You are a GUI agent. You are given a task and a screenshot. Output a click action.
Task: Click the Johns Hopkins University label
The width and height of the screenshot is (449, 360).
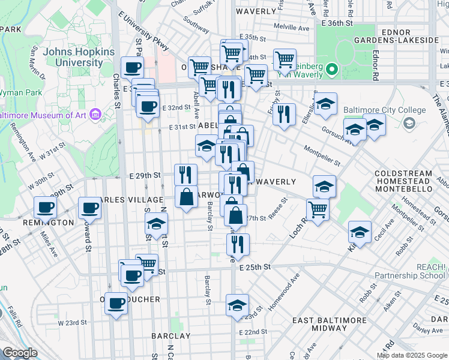(70, 57)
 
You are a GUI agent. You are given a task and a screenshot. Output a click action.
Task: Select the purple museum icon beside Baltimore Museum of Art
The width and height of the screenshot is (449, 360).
(94, 114)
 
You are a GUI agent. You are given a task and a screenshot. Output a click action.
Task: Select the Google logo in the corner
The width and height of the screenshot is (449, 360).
(20, 352)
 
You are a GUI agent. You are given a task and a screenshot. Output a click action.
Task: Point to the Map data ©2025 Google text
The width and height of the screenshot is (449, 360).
(411, 355)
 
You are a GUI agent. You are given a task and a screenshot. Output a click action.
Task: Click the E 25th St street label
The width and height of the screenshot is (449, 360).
(255, 266)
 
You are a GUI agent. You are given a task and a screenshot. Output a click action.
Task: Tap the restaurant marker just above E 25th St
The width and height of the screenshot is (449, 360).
(238, 243)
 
